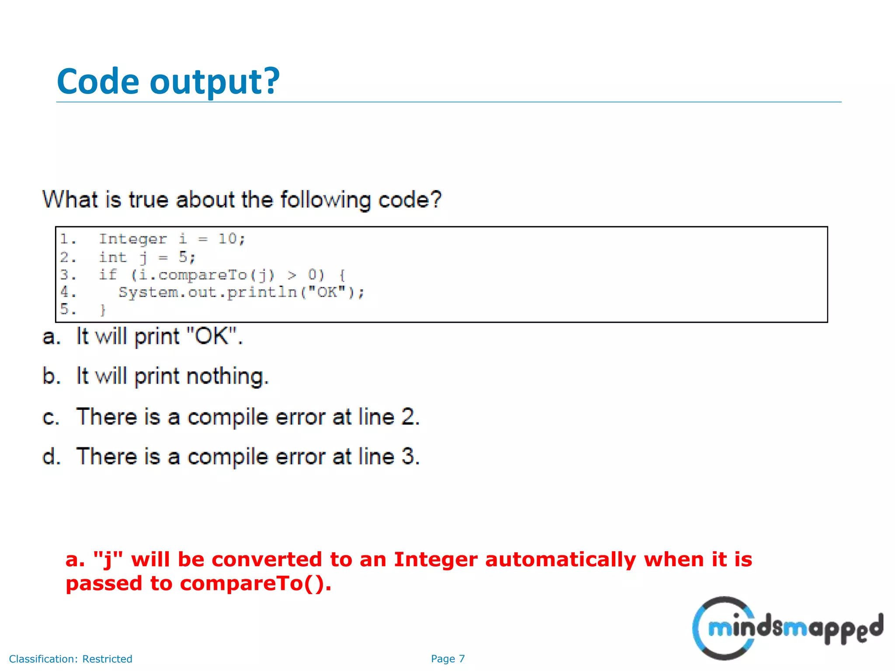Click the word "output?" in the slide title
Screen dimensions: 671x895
click(214, 82)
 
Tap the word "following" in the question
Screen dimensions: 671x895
click(325, 200)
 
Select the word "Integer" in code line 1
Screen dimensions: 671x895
click(132, 239)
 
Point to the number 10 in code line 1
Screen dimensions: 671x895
click(228, 239)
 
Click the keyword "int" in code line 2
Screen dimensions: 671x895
click(112, 257)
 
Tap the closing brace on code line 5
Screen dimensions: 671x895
click(103, 310)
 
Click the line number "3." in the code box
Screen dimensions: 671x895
click(68, 275)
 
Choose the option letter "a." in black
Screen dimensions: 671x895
click(51, 337)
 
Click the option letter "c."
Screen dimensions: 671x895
click(51, 417)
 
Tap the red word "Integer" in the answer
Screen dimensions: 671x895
click(435, 560)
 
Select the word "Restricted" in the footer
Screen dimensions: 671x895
click(107, 659)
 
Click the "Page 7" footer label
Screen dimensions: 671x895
click(447, 659)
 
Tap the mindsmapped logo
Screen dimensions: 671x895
click(787, 628)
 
